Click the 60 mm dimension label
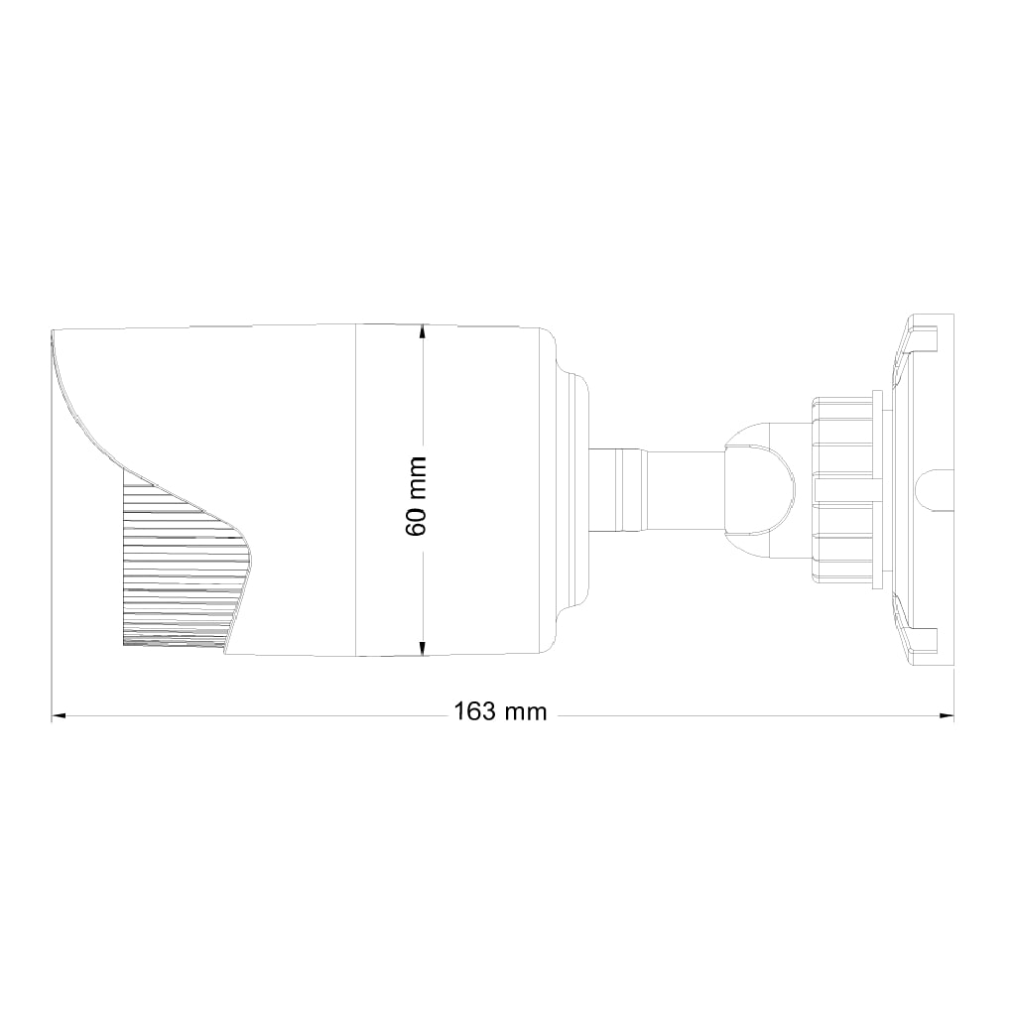(416, 496)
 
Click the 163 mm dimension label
(500, 712)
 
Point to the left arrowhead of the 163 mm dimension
(59, 716)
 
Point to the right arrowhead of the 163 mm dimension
(947, 716)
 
